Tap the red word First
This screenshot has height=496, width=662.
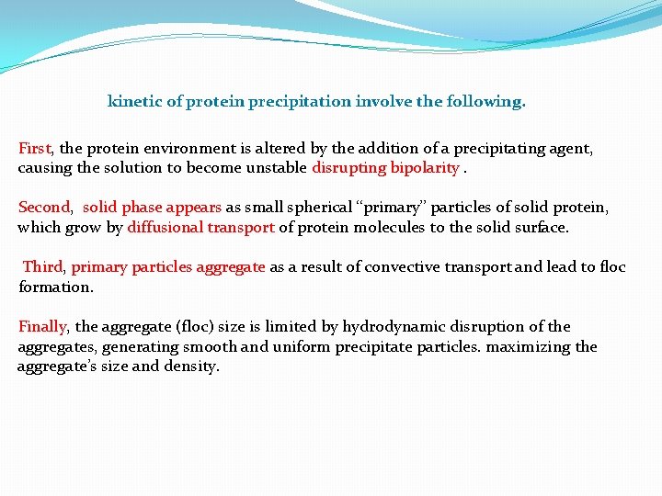pyautogui.click(x=37, y=148)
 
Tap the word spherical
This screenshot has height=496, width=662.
pyautogui.click(x=280, y=208)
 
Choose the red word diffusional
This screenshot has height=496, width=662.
pyautogui.click(x=165, y=228)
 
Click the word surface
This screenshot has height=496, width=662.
pyautogui.click(x=542, y=228)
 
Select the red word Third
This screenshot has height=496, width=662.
pyautogui.click(x=43, y=267)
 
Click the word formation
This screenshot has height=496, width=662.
pyautogui.click(x=55, y=287)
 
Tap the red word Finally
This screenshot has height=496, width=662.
pyautogui.click(x=43, y=327)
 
